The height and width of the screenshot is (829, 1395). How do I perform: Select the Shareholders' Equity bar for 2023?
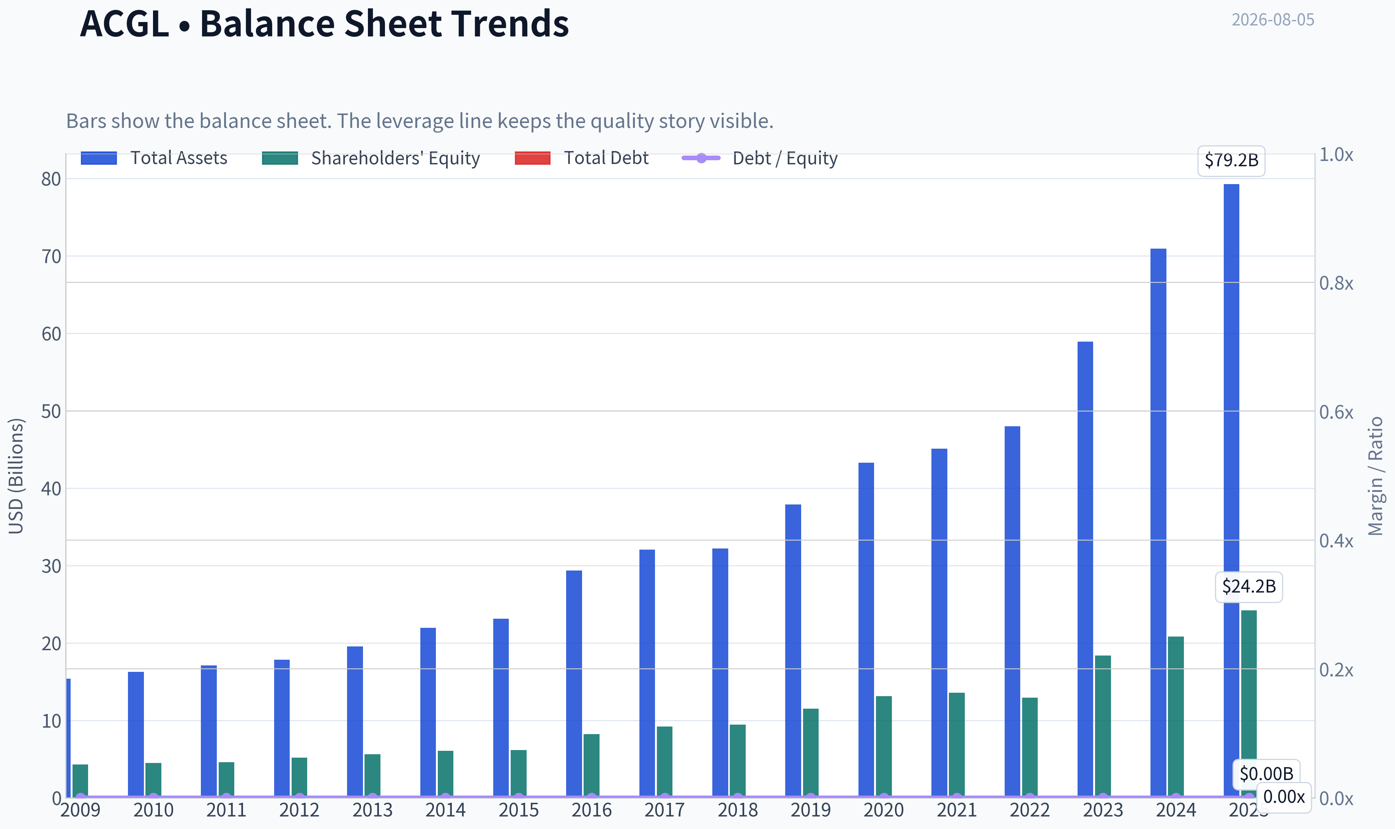1103,726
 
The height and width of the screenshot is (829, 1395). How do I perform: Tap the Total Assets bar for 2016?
574,684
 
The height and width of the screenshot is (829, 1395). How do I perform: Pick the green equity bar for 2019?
811,753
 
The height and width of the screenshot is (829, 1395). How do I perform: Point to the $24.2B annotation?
1249,586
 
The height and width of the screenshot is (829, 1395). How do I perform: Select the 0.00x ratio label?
1284,797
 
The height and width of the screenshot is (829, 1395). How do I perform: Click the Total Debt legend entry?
582,158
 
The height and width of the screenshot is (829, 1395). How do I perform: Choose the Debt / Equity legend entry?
760,158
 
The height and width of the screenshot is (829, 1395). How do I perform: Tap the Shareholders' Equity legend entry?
371,158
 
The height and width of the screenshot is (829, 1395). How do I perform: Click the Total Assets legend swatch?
99,158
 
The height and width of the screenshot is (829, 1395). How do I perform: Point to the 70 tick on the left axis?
51,257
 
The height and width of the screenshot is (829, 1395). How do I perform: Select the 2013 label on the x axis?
372,810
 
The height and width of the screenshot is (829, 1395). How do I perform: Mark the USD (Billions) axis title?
16,476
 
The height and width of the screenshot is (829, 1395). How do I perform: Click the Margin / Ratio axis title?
1376,476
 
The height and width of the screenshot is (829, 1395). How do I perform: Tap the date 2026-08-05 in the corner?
1273,20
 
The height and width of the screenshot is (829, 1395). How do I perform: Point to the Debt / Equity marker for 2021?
957,797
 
